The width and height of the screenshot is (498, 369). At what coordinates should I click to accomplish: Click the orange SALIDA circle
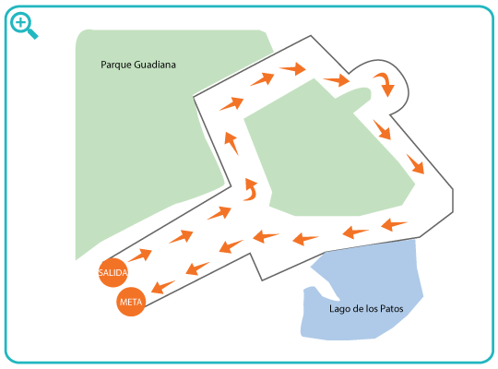(113, 273)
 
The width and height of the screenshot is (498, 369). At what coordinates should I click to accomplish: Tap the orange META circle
(131, 302)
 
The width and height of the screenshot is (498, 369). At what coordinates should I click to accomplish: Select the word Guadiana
(155, 65)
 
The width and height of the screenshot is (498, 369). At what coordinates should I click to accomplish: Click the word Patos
(392, 309)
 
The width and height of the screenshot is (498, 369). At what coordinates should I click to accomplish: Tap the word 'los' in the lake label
(371, 309)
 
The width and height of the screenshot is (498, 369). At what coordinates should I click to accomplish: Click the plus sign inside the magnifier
(21, 22)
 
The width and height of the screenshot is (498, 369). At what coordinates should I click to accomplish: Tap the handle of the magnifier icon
(32, 33)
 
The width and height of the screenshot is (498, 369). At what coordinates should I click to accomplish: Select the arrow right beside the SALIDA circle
(140, 255)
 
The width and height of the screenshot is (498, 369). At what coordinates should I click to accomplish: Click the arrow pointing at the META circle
(163, 287)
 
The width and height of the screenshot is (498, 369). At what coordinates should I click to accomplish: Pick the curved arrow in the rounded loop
(385, 83)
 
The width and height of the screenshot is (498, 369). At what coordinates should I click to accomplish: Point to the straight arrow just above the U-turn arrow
(231, 143)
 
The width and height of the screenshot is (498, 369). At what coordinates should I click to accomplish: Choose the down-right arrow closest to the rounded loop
(382, 130)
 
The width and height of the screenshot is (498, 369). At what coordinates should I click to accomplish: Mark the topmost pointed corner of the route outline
(310, 36)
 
